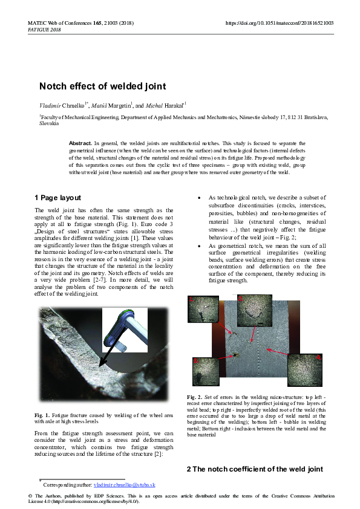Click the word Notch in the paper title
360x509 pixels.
click(x=53, y=86)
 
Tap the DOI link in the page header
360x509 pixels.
click(x=280, y=23)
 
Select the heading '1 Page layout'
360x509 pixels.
click(x=57, y=198)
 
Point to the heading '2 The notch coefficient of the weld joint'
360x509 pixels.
click(x=254, y=469)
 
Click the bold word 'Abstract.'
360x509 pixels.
click(x=81, y=143)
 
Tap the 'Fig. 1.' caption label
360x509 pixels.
click(x=42, y=416)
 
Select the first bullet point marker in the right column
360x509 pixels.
click(x=200, y=198)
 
